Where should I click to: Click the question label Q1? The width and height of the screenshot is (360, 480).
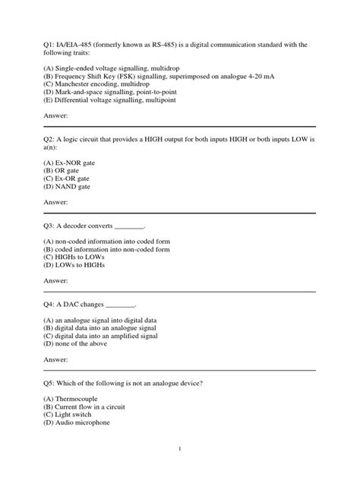click(51, 45)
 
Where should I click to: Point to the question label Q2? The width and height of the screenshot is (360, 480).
click(51, 142)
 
